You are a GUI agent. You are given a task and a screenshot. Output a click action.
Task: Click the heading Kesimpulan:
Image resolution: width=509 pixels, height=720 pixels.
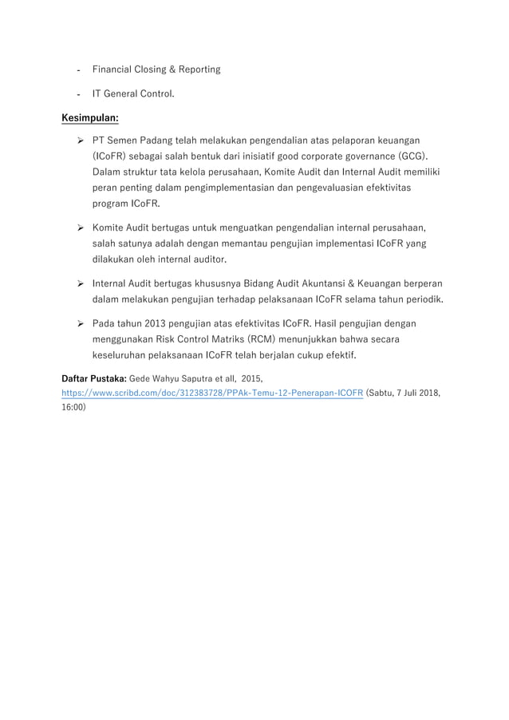point(91,118)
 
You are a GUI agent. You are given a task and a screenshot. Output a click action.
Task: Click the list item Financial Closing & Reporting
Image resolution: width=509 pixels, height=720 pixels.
point(156,69)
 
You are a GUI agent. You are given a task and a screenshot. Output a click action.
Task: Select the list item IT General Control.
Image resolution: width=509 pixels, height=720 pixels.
point(134,94)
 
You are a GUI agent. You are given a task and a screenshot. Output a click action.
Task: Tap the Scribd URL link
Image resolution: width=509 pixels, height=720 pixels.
point(213,394)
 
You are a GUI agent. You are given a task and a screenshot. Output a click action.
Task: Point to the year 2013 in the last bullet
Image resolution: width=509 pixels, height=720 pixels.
point(157,323)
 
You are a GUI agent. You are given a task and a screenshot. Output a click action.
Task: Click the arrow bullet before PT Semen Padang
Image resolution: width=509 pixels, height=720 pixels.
point(80,140)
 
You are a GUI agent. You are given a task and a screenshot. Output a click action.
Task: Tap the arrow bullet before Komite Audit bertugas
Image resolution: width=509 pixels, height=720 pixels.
point(80,227)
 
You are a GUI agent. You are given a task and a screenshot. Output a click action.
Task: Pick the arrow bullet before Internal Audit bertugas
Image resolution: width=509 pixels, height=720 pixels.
point(80,283)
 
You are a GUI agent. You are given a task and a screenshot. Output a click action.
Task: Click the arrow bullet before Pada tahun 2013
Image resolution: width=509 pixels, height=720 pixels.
point(80,323)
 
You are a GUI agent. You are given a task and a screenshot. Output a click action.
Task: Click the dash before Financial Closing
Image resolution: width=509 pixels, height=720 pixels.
point(80,70)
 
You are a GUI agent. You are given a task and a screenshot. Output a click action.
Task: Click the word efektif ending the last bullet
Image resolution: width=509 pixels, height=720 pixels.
point(339,355)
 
